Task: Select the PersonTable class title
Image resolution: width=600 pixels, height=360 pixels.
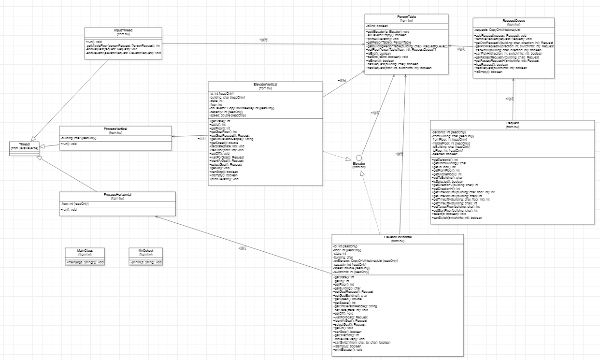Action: pos(406,17)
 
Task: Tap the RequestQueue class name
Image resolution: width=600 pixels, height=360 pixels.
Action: pos(514,21)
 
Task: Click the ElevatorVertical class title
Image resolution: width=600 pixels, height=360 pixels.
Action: pos(265,85)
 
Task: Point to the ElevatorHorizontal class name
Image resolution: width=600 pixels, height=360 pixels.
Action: pos(398,237)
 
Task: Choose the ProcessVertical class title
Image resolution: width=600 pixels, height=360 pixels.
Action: pos(115,129)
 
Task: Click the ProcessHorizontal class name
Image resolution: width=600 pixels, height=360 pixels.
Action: pos(117,195)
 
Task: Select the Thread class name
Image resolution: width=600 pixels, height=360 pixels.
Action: pos(24,144)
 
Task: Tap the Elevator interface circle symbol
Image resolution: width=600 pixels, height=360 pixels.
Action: pos(359,158)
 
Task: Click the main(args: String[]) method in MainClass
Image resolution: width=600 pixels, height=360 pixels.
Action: pos(85,262)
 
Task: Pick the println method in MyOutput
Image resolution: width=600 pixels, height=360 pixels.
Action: pos(146,262)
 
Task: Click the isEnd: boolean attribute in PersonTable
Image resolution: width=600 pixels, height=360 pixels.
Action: pos(377,25)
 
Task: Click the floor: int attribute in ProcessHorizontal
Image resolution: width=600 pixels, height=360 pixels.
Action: pos(75,204)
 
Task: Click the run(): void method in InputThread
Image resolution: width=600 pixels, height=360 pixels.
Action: pos(95,42)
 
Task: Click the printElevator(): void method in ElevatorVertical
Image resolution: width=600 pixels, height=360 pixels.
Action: pos(224,179)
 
